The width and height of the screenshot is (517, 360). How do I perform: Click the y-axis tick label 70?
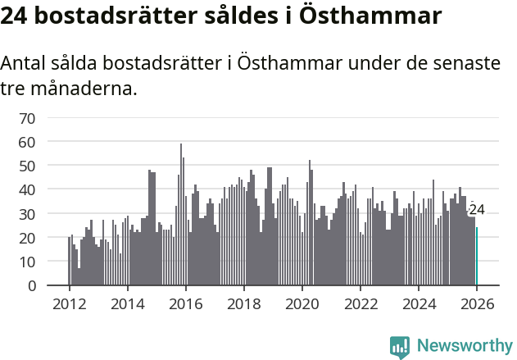27,118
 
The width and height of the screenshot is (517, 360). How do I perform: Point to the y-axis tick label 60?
27,142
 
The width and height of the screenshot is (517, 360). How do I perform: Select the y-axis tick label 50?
27,166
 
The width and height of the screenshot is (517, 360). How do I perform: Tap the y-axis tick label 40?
27,189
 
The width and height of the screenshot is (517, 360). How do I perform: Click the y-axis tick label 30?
27,214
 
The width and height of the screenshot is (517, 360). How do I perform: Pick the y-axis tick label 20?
27,238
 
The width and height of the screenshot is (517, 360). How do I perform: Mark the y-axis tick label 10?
27,262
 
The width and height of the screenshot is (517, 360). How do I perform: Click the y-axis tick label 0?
31,285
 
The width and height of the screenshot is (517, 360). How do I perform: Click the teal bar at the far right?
477,257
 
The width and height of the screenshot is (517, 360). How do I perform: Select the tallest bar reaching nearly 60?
181,215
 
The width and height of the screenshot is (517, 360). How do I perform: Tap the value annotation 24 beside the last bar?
477,210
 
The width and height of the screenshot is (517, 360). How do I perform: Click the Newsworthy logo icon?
400,347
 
